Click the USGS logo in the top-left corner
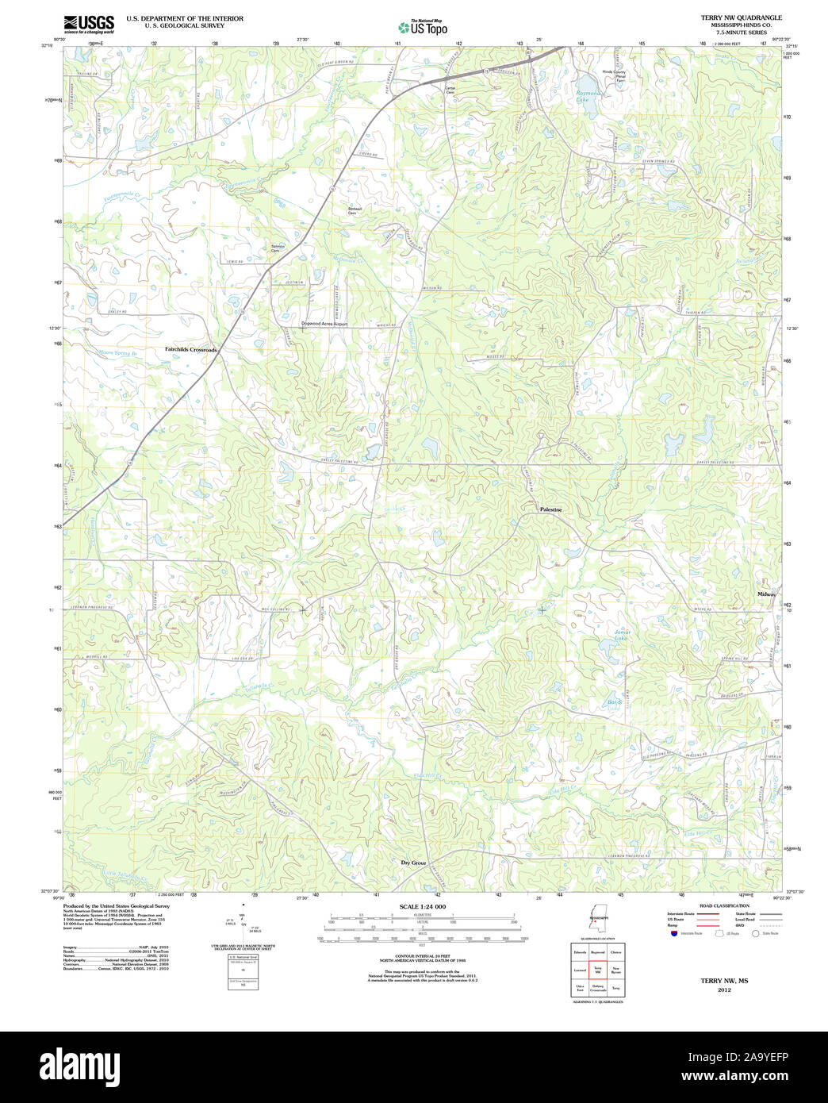pos(88,23)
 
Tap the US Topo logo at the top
pos(423,26)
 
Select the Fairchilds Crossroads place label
pos(190,349)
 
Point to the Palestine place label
pos(550,509)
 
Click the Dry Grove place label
pos(413,863)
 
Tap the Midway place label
pos(766,594)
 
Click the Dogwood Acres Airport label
pos(324,324)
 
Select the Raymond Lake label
pos(588,97)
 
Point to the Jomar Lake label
pos(621,635)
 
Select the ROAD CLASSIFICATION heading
pos(724,905)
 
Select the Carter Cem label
pos(450,90)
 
